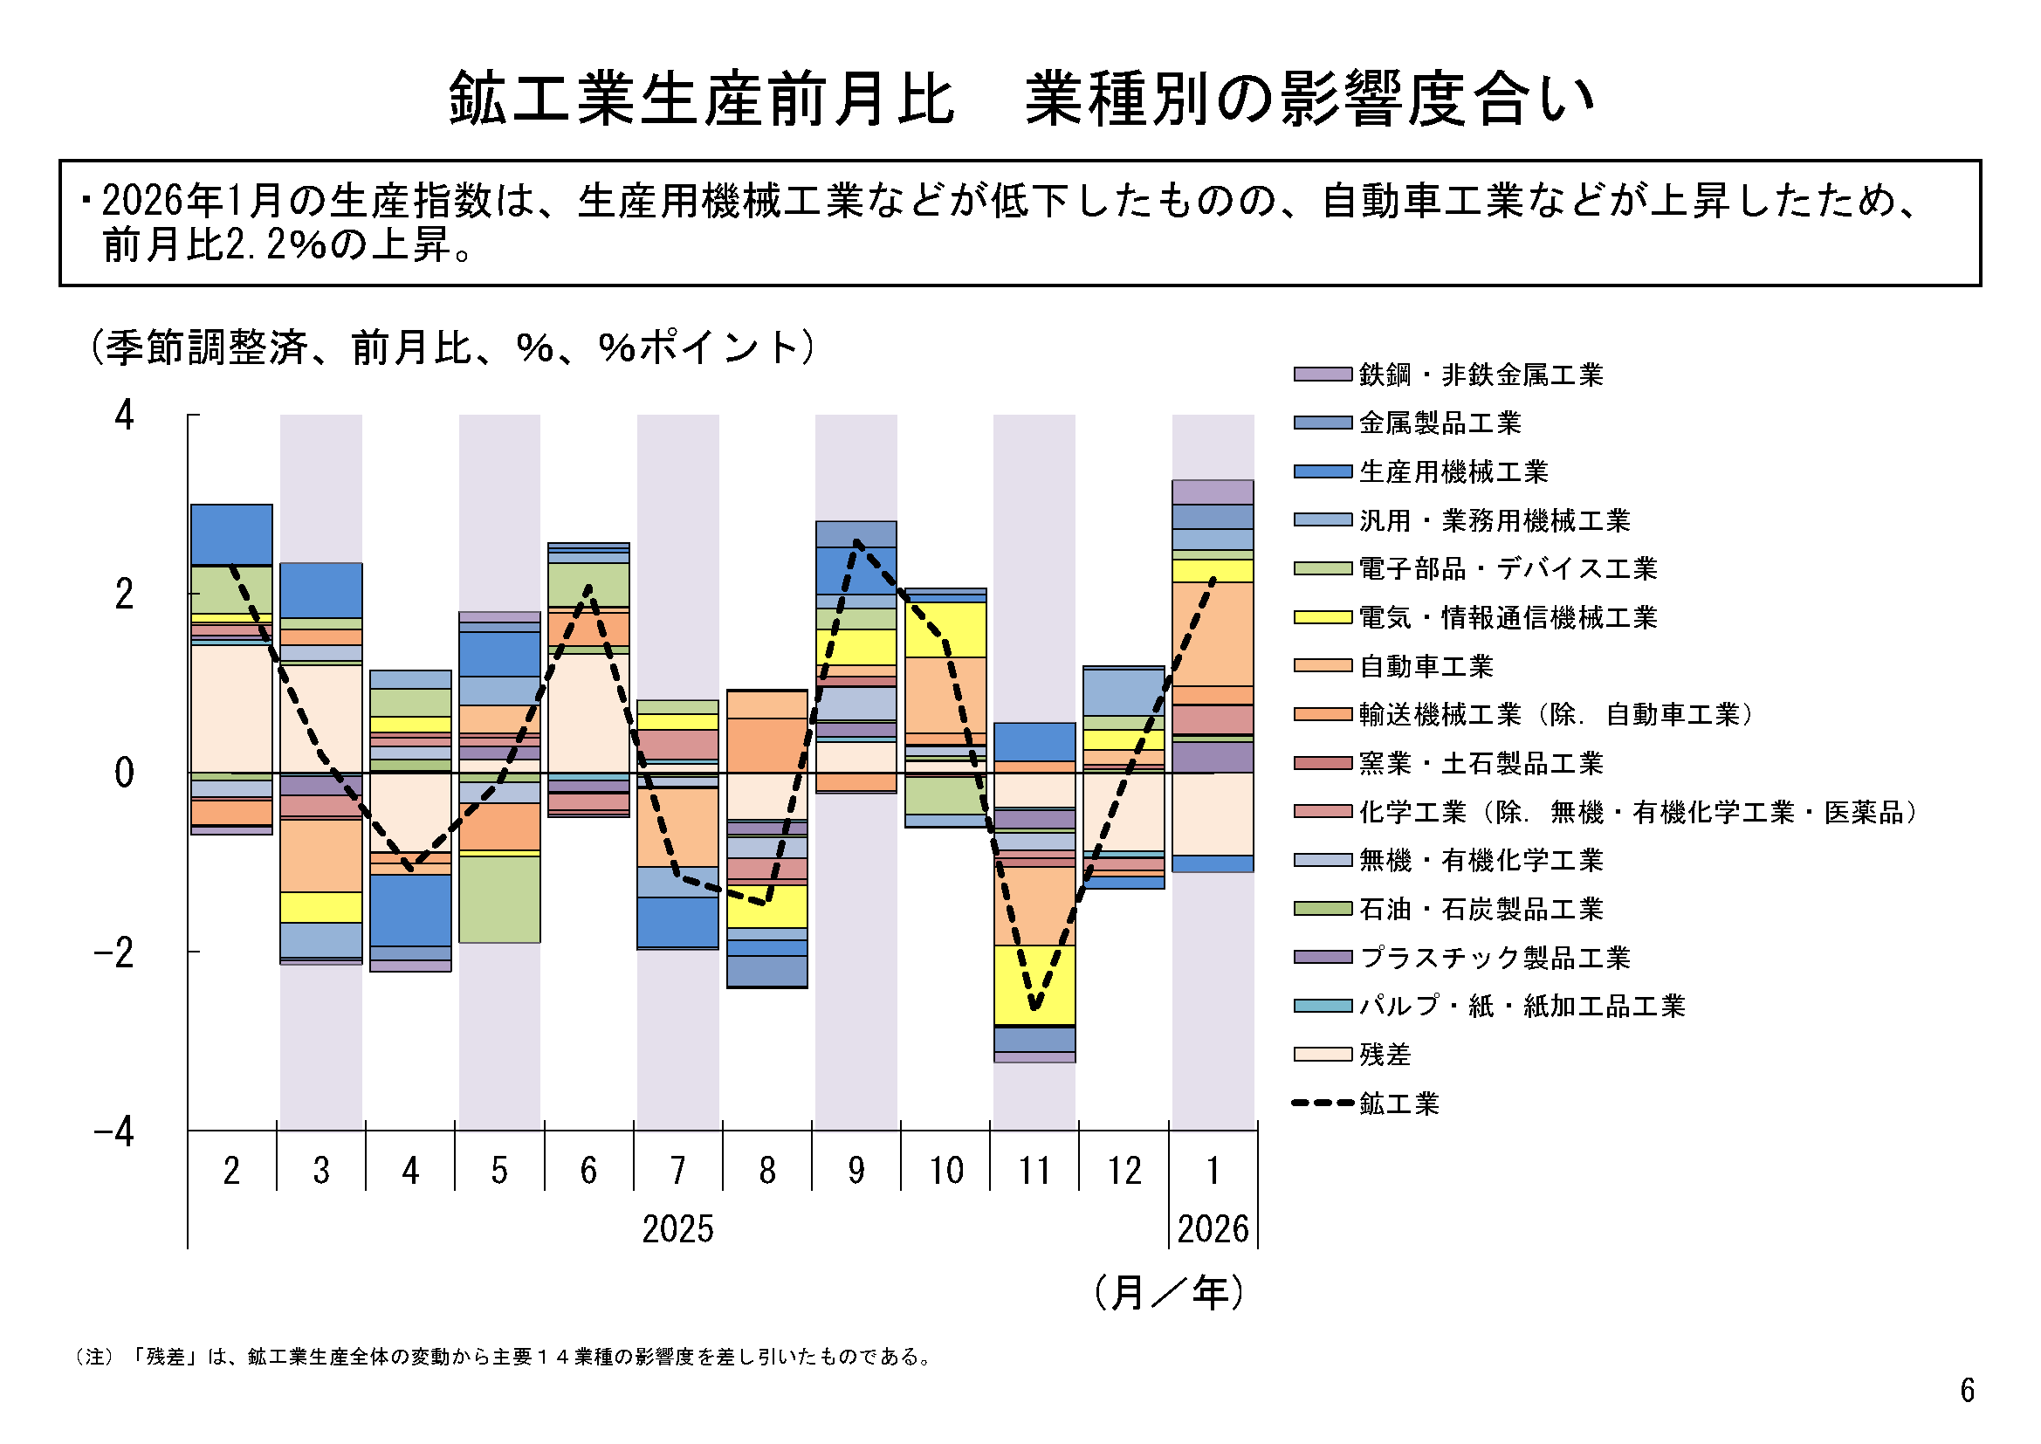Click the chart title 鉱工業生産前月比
(x=702, y=99)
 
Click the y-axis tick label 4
(x=125, y=416)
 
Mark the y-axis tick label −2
(x=114, y=952)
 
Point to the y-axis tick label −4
(x=114, y=1132)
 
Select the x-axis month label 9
(x=856, y=1171)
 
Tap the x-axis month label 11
(x=1034, y=1171)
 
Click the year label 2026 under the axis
(x=1213, y=1230)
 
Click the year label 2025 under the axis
(x=677, y=1230)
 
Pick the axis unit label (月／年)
(x=1168, y=1293)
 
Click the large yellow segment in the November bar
(x=1034, y=985)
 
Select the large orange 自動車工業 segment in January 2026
(x=1213, y=634)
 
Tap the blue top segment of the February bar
(x=231, y=533)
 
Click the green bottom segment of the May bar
(x=498, y=898)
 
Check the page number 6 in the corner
(x=1967, y=1390)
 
